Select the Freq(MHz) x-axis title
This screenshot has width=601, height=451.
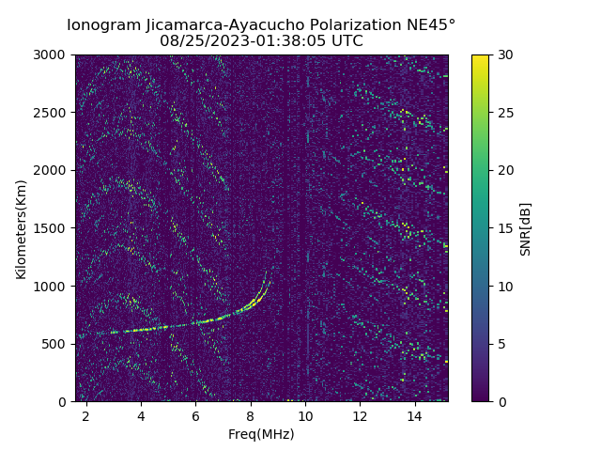coord(261,434)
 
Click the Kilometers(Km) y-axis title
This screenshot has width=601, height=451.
coord(21,228)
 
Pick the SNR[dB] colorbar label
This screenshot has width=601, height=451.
coord(525,228)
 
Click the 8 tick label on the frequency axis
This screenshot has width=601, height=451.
coord(251,415)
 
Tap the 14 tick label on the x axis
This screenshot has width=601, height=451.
coord(414,415)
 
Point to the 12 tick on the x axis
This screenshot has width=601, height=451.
coord(360,415)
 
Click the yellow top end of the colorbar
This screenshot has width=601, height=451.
coord(480,57)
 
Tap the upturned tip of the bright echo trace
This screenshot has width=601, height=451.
coord(266,273)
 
